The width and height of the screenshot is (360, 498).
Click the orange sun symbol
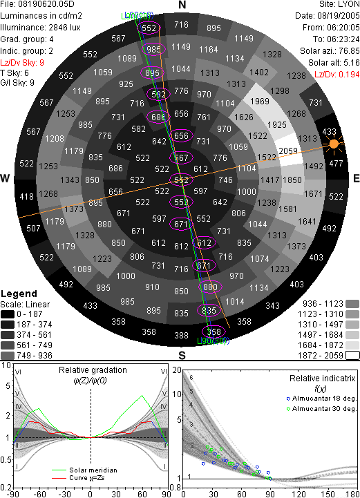pos(334,144)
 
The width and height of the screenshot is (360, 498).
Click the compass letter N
pos(182,5)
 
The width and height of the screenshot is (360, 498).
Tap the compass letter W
pos(5,178)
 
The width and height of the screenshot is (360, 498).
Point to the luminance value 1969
pos(260,102)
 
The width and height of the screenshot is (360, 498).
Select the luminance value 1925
pos(277,125)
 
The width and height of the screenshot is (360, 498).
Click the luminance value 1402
pos(259,73)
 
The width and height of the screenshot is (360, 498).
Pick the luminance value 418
pos(26,197)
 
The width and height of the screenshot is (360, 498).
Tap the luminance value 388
pos(181,336)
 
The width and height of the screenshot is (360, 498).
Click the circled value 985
pos(154,49)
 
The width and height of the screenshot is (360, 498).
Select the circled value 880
pos(210,287)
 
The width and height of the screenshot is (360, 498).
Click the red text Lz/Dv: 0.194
pos(337,75)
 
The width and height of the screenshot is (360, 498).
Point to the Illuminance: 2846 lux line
pos(40,28)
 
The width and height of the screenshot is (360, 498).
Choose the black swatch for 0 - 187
pos(8,314)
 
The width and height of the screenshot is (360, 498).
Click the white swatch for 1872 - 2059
pos(352,355)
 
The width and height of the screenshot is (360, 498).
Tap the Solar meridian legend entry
pos(84,470)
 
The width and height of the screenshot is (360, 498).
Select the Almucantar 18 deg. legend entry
pos(321,399)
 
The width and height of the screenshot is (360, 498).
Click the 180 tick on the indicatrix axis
pos(352,494)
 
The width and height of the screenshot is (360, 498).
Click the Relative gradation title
pos(93,370)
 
